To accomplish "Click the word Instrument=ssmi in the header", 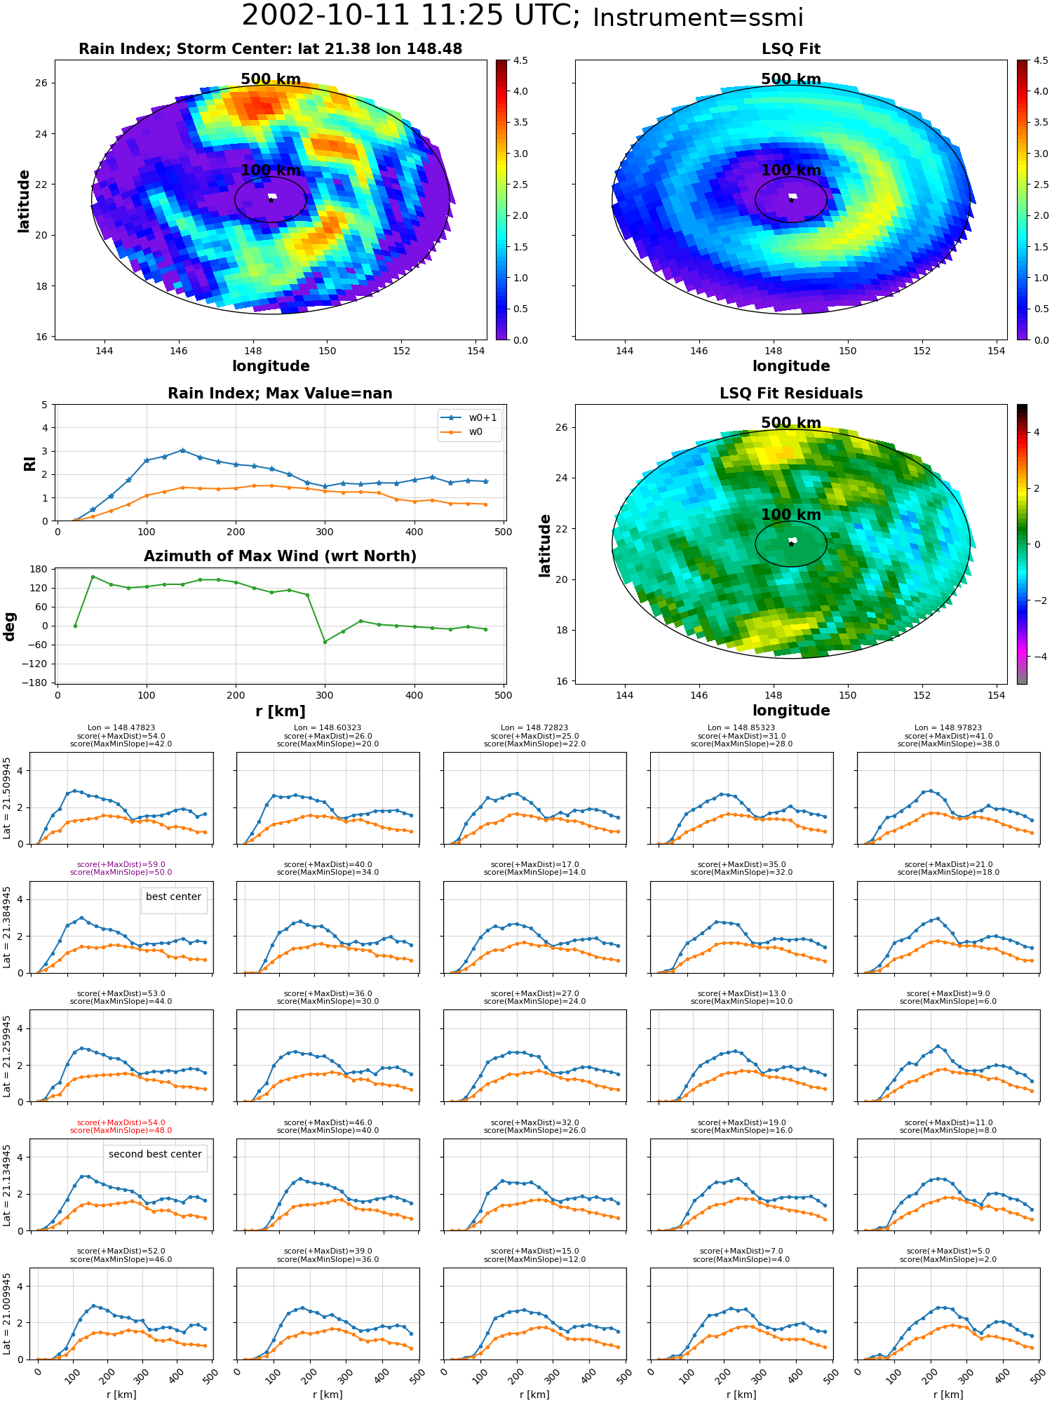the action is click(x=698, y=18).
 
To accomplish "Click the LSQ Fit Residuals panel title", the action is click(x=791, y=394).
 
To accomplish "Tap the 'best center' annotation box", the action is click(x=173, y=897).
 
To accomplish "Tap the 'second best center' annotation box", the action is click(x=155, y=1154).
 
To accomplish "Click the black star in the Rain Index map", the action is click(x=271, y=200).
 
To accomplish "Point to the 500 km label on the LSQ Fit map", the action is click(x=791, y=79).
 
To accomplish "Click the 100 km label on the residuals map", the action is click(x=791, y=514).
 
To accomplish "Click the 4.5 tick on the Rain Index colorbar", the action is click(x=520, y=60).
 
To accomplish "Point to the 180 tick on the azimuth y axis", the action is click(x=40, y=569).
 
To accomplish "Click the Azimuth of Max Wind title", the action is click(x=280, y=556).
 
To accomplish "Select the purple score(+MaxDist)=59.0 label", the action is click(x=121, y=864).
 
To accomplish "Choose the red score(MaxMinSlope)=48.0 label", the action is click(x=121, y=1130).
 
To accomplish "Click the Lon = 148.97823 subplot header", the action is click(x=948, y=727).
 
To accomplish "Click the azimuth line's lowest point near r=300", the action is click(x=325, y=641).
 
